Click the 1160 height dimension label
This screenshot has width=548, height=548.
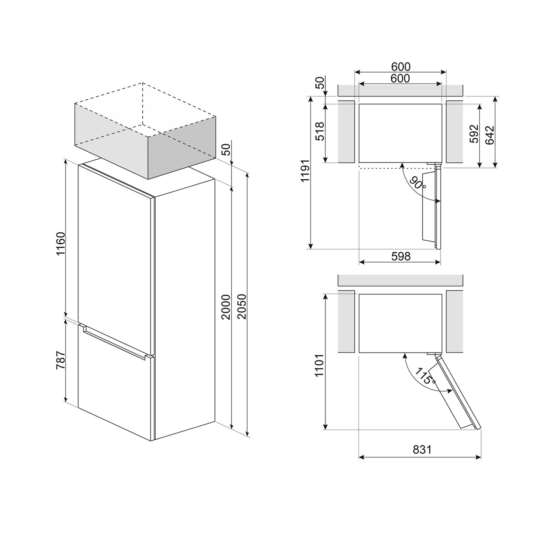click(60, 244)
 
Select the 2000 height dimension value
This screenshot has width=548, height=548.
click(226, 307)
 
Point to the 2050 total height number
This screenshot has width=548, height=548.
click(242, 307)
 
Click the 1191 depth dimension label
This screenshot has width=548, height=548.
click(305, 171)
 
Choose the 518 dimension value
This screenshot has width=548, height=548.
click(320, 132)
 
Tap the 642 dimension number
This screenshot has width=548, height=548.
click(490, 136)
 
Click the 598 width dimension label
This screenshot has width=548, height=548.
click(401, 256)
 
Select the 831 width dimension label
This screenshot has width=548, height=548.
click(422, 449)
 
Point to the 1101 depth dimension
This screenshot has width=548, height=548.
click(320, 365)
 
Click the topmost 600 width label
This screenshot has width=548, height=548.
click(401, 67)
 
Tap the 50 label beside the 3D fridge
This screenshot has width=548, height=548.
click(227, 149)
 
